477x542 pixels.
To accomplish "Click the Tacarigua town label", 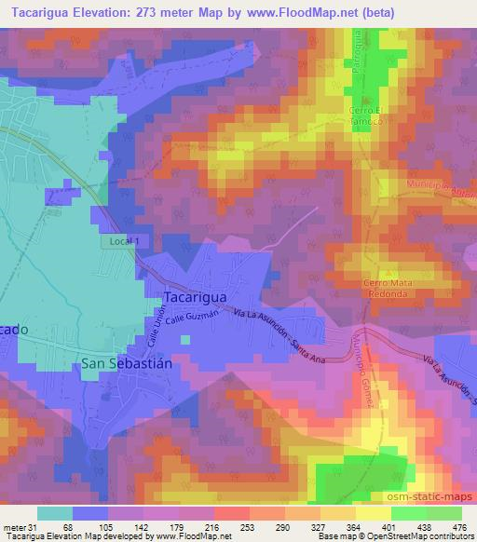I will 197,296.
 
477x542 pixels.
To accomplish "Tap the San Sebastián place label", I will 127,362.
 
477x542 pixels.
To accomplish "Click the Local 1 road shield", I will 122,241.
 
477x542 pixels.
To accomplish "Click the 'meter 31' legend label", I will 18,526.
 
